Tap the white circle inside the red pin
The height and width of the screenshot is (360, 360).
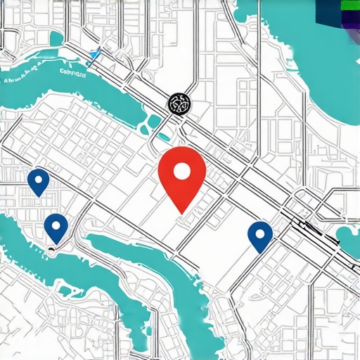(x=182, y=171)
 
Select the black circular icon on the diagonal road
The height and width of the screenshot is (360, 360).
(x=178, y=103)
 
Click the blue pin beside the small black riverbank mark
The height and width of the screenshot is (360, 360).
(x=56, y=227)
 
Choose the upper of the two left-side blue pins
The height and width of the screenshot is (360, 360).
(x=39, y=182)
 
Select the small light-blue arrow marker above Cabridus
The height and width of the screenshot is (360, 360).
(x=95, y=53)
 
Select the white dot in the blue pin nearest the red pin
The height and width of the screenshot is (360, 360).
(x=260, y=231)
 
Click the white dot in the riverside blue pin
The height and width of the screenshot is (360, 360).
(x=56, y=224)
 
